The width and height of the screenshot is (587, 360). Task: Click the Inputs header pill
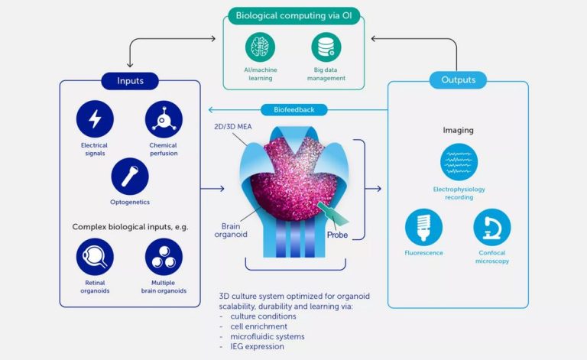(129, 79)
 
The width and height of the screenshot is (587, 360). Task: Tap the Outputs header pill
(459, 79)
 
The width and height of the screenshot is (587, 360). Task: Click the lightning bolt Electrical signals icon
(95, 119)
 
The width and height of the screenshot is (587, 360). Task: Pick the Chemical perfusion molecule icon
(164, 119)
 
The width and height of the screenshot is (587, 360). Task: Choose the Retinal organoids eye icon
(95, 257)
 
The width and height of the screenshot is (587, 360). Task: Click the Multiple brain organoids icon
(164, 257)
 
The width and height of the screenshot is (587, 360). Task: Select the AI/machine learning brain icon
(260, 47)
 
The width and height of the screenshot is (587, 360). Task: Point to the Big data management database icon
(326, 47)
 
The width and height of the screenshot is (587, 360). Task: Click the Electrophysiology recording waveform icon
(459, 162)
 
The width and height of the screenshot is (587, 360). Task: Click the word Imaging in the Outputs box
(459, 130)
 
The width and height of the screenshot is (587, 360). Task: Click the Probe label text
(337, 235)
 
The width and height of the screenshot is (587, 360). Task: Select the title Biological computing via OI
(293, 15)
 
